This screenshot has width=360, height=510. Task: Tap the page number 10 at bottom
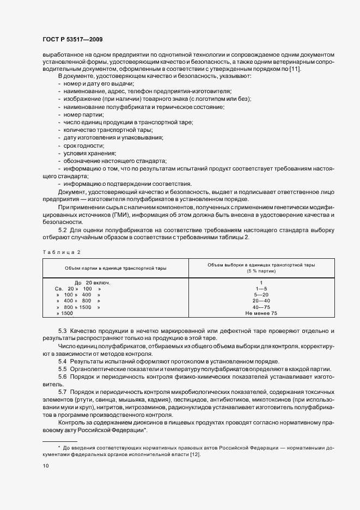pyautogui.click(x=45, y=466)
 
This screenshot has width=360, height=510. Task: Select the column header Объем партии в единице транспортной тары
pyautogui.click(x=115, y=268)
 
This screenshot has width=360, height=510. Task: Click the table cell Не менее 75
pyautogui.click(x=261, y=314)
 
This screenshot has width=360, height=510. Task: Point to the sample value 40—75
pyautogui.click(x=261, y=307)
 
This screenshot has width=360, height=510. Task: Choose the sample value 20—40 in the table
pyautogui.click(x=261, y=301)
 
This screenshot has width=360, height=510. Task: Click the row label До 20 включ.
pyautogui.click(x=92, y=282)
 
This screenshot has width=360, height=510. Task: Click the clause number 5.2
pyautogui.click(x=62, y=230)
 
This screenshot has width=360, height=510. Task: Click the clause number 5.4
pyautogui.click(x=62, y=362)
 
